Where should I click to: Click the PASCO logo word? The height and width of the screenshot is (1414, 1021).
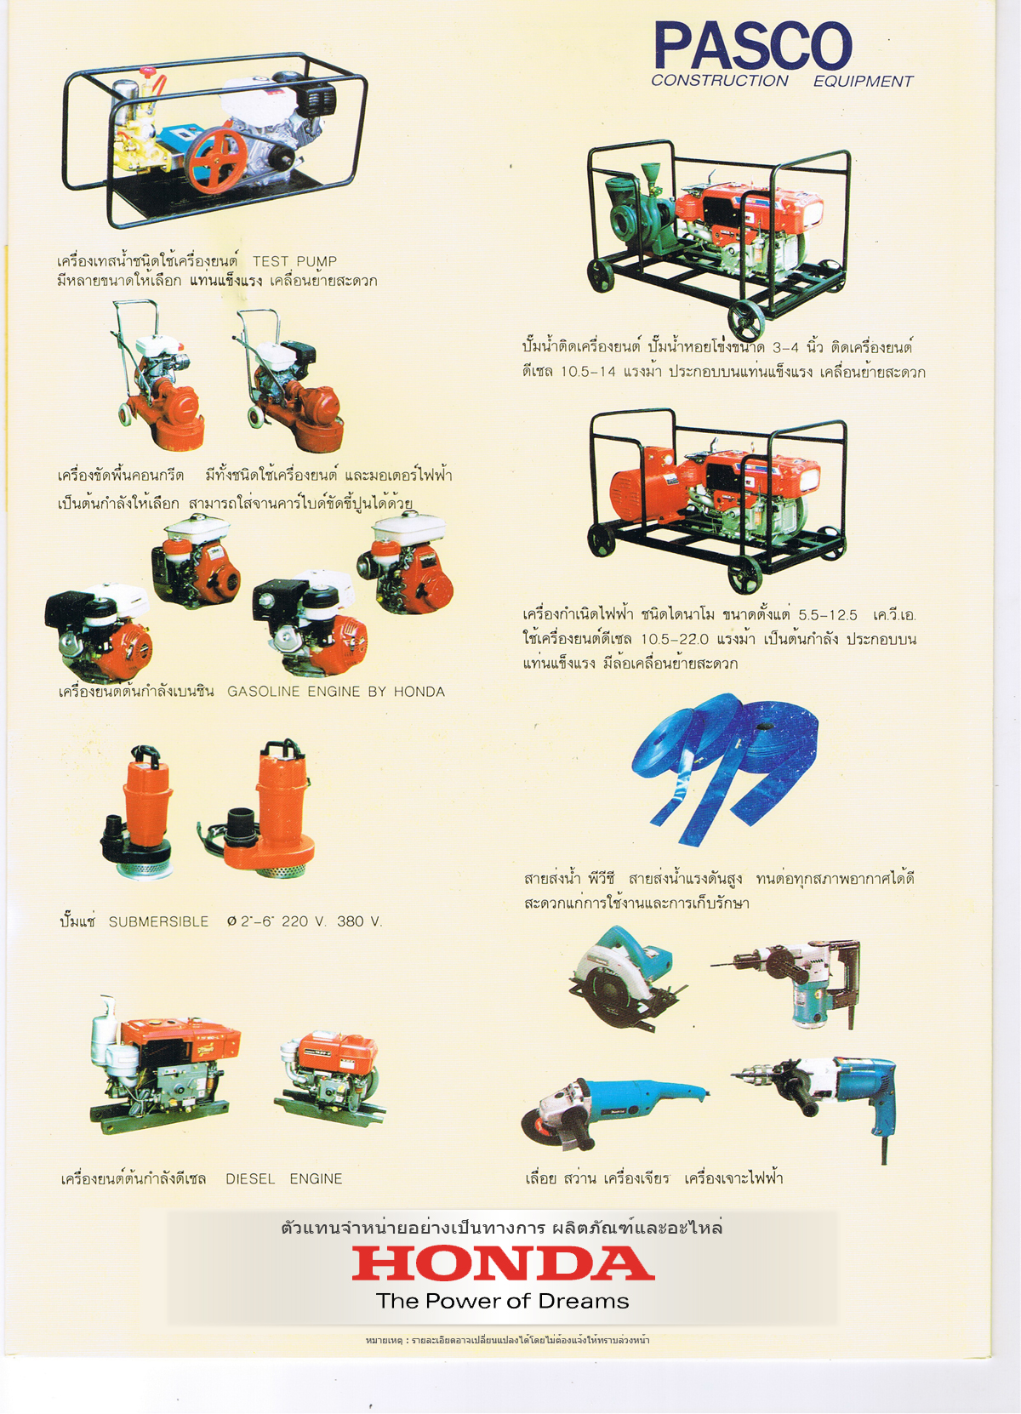pyautogui.click(x=753, y=45)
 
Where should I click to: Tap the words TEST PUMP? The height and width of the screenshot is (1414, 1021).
pyautogui.click(x=295, y=260)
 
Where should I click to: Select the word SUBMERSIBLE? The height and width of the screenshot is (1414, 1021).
pyautogui.click(x=158, y=921)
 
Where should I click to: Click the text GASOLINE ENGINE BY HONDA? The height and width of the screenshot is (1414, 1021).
pyautogui.click(x=336, y=691)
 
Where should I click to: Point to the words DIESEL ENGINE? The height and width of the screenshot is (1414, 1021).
pyautogui.click(x=284, y=1178)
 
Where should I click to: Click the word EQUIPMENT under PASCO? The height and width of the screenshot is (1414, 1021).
pyautogui.click(x=863, y=82)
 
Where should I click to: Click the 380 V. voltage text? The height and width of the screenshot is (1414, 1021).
pyautogui.click(x=359, y=921)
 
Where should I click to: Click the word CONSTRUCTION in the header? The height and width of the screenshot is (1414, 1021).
pyautogui.click(x=720, y=81)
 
